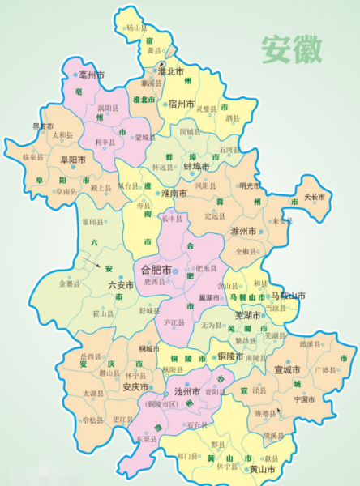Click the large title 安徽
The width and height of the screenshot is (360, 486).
(x=291, y=50)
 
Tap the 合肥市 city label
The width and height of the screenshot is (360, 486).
(x=156, y=269)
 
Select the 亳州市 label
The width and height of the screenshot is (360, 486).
(x=91, y=75)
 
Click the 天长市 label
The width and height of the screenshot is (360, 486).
(x=314, y=197)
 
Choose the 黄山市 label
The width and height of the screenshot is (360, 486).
(x=262, y=470)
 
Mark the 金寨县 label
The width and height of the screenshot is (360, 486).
(x=69, y=283)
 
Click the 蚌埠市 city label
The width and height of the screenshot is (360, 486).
(x=197, y=166)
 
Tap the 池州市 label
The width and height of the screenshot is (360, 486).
(x=184, y=391)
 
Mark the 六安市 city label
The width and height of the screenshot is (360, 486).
(x=121, y=285)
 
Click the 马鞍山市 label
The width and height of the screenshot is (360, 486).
(x=289, y=297)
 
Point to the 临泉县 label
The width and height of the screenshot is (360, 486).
(x=33, y=156)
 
